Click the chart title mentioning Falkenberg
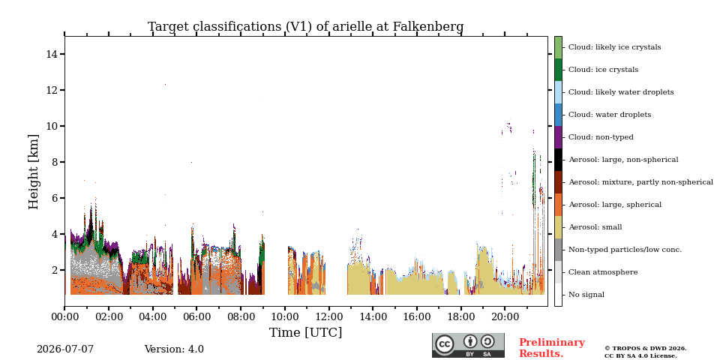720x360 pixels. [305, 27]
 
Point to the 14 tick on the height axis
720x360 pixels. [52, 54]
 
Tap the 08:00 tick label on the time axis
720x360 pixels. [241, 316]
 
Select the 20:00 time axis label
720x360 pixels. [505, 316]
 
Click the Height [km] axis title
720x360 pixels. [34, 172]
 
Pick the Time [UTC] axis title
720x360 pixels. [305, 332]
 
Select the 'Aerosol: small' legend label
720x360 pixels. [595, 227]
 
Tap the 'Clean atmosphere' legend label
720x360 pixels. [603, 272]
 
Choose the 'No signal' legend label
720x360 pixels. [586, 295]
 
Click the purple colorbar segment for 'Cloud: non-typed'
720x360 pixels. [558, 137]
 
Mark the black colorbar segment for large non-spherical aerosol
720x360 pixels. [558, 160]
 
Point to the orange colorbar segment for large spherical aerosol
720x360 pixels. [558, 205]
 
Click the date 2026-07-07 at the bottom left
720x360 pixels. [65, 349]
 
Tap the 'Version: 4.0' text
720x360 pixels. [174, 349]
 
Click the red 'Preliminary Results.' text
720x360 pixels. [552, 348]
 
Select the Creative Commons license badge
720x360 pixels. [468, 345]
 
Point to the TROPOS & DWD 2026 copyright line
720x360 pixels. [646, 349]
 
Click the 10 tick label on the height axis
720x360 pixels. [52, 126]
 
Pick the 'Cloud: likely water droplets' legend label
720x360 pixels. [621, 92]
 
